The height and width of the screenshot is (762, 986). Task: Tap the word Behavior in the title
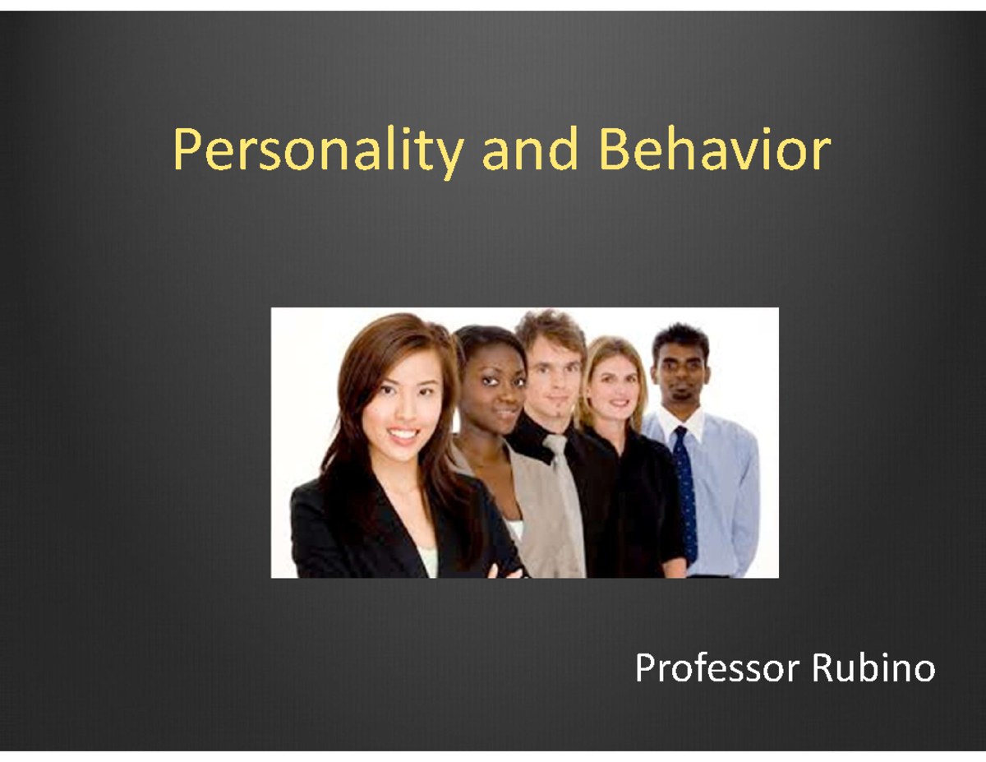click(x=713, y=153)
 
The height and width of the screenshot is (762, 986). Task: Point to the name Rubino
click(x=873, y=669)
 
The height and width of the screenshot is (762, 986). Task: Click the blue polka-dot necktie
click(x=684, y=493)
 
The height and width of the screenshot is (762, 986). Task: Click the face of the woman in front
click(x=403, y=403)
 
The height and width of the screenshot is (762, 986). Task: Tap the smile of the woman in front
click(x=404, y=434)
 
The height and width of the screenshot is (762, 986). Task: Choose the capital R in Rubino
click(x=824, y=669)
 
